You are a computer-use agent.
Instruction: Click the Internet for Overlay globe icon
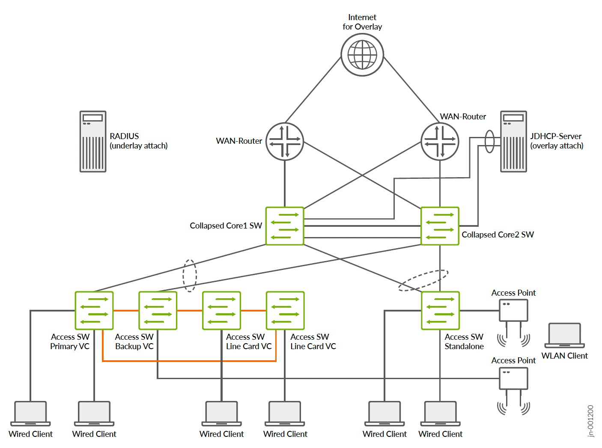(x=362, y=55)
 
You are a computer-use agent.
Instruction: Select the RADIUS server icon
(x=93, y=142)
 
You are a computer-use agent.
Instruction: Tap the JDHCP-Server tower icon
(x=514, y=142)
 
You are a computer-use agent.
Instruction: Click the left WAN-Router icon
(x=285, y=142)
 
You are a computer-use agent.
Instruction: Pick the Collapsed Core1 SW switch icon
(x=285, y=226)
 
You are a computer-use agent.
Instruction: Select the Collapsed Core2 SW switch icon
(x=440, y=226)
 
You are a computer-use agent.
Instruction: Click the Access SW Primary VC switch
(x=94, y=311)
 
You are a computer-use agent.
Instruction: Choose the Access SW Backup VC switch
(x=158, y=311)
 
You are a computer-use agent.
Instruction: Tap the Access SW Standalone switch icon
(x=440, y=311)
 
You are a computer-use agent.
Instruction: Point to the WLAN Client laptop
(x=564, y=335)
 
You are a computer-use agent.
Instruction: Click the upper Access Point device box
(x=513, y=310)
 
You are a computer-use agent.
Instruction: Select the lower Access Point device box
(x=513, y=378)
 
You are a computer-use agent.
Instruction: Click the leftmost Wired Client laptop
(x=30, y=413)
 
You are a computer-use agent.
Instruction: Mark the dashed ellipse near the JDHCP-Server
(x=489, y=141)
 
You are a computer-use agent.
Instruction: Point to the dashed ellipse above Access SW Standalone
(x=423, y=280)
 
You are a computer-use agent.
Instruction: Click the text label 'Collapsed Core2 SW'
(x=498, y=234)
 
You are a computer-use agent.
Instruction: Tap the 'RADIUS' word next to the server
(x=124, y=136)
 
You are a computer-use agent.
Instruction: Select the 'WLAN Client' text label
(x=564, y=356)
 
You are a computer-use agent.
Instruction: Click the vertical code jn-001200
(x=590, y=421)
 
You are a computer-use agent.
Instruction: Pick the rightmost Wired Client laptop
(x=440, y=413)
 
